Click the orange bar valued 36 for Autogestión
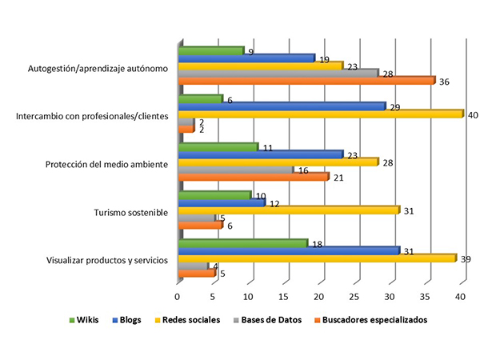[306, 80]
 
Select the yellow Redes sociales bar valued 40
[320, 114]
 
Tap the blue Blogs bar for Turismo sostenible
[221, 202]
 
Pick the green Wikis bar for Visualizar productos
[242, 242]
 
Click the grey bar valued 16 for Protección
[235, 170]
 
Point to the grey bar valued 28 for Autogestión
[277, 72]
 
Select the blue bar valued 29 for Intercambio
[281, 106]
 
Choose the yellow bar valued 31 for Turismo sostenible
[288, 210]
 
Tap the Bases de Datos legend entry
[262, 319]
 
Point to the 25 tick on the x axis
[354, 297]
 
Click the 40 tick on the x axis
[462, 297]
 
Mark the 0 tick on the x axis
[178, 297]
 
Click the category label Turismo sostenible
[131, 213]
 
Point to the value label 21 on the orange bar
[338, 178]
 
